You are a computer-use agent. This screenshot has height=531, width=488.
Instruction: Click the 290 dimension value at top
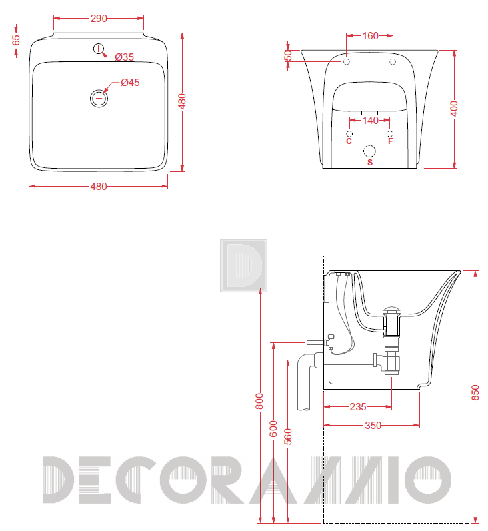click(x=99, y=18)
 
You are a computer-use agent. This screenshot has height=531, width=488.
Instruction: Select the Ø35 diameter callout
click(x=125, y=57)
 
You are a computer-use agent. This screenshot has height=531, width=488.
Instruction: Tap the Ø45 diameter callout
click(x=130, y=83)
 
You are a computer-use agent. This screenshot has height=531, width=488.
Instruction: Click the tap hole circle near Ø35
click(x=98, y=49)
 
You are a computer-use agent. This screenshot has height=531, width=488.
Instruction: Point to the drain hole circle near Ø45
click(x=99, y=99)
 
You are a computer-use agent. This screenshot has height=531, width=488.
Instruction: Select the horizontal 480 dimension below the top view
click(x=99, y=187)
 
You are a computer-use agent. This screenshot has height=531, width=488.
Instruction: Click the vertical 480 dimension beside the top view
click(x=182, y=101)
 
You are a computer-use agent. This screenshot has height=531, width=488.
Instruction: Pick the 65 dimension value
click(x=16, y=40)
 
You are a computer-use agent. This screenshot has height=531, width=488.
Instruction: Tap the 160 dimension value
click(x=370, y=35)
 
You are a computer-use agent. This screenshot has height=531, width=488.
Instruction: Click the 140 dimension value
click(x=370, y=120)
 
